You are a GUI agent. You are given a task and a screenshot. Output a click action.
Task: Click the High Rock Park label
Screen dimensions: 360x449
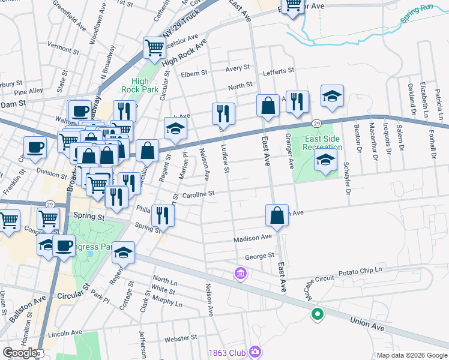[140, 85]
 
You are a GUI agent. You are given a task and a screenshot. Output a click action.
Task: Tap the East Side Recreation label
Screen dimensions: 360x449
[322, 143]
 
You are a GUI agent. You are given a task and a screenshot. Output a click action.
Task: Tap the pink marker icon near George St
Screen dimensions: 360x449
[240, 274]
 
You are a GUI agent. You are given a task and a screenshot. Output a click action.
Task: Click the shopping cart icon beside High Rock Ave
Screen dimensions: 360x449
[154, 48]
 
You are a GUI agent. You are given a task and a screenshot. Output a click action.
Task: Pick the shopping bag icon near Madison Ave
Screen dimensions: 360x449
[276, 215]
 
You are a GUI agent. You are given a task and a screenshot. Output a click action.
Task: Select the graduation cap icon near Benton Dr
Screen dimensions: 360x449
[332, 97]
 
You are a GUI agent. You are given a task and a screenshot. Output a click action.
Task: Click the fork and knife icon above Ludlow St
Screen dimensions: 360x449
[223, 112]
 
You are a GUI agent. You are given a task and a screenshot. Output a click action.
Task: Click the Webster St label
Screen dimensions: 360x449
[181, 338]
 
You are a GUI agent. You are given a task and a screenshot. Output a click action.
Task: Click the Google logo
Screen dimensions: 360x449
[20, 353]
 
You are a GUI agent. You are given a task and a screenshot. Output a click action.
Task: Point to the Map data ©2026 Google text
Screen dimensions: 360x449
[412, 355]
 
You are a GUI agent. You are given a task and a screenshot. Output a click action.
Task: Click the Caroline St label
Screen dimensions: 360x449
[199, 194]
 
